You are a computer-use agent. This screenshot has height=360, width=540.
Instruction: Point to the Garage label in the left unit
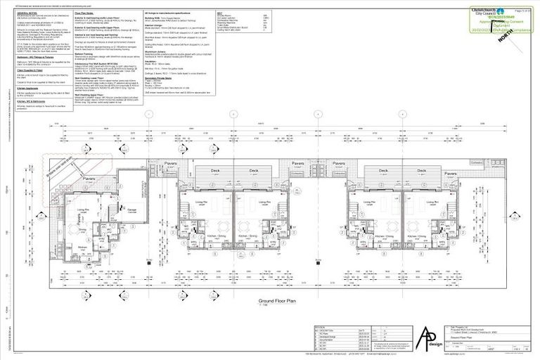131,209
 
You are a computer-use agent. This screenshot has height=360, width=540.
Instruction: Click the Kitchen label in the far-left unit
82,247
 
